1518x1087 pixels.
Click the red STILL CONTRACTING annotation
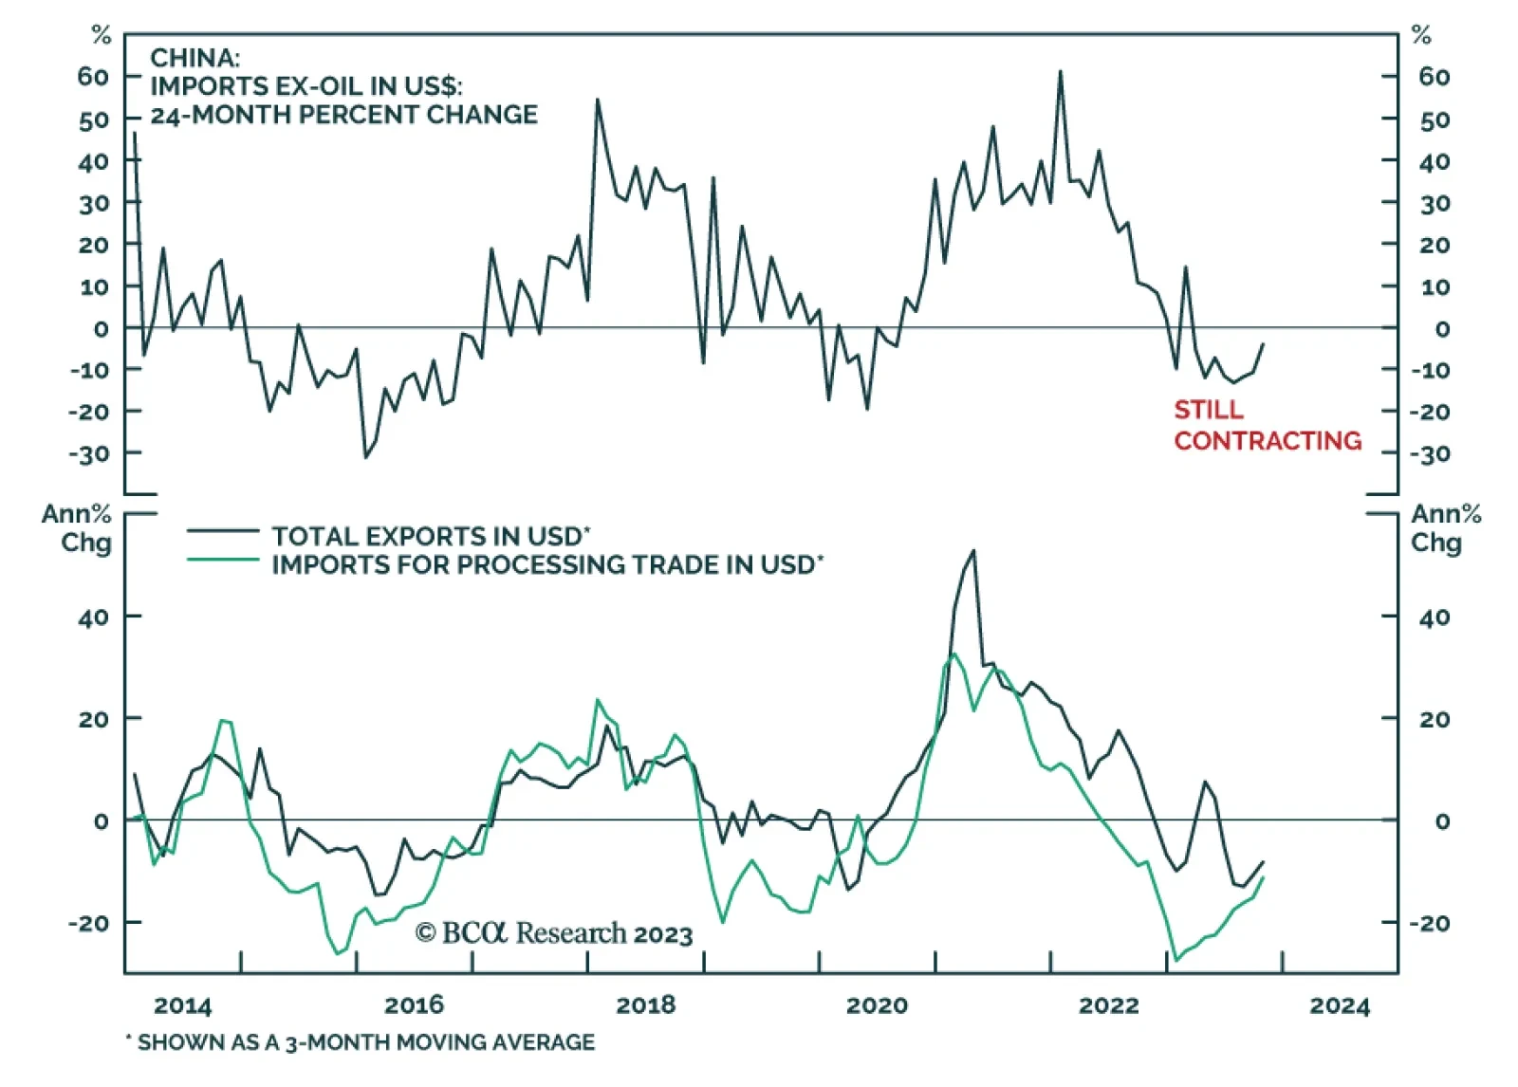click(1267, 425)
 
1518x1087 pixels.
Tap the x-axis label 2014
click(182, 1005)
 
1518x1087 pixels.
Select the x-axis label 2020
click(877, 1005)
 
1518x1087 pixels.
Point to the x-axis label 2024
click(1340, 1005)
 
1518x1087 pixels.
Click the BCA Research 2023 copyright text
click(554, 933)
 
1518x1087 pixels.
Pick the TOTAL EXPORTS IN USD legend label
click(431, 536)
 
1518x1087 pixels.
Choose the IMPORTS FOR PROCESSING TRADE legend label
click(547, 565)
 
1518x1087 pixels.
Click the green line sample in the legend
click(223, 560)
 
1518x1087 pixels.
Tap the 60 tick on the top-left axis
click(93, 76)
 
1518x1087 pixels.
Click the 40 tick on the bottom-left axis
click(93, 617)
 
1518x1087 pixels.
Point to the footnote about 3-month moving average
click(361, 1042)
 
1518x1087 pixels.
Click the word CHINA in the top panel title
click(194, 58)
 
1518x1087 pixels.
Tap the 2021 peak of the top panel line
click(1060, 71)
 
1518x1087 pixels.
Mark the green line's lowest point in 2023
click(1176, 960)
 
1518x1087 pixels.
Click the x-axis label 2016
click(414, 1005)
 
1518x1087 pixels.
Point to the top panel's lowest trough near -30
click(365, 457)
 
